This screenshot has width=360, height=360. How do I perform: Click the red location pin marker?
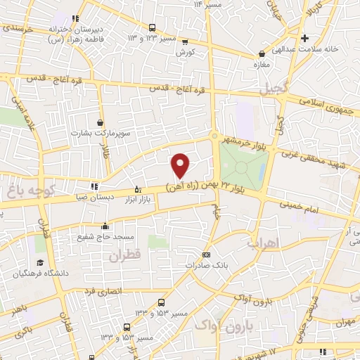[181, 165]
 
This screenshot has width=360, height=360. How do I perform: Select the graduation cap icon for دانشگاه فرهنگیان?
[40, 262]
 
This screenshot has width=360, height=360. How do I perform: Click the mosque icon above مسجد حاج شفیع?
[105, 226]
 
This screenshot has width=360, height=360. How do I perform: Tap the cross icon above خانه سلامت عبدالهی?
[304, 38]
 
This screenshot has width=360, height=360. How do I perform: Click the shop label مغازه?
[262, 63]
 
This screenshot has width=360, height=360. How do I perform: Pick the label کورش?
[186, 52]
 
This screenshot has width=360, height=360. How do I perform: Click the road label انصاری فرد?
[103, 290]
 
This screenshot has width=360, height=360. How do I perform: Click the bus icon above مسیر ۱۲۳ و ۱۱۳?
[153, 27]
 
